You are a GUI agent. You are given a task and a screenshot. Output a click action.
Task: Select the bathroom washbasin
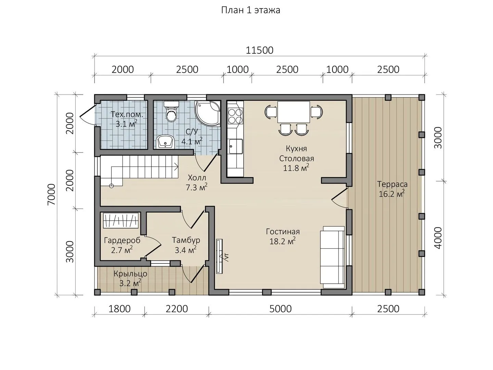[165, 142]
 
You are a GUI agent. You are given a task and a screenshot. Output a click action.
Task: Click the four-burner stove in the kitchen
[235, 116]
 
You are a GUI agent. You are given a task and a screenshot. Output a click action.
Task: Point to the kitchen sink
[236, 146]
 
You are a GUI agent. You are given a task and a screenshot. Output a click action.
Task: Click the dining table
[293, 112]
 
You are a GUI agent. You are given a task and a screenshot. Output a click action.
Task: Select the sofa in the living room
[332, 257]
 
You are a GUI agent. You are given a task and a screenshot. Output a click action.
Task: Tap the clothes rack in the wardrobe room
[121, 221]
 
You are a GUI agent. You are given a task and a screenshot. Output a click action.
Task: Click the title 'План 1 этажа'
[251, 10]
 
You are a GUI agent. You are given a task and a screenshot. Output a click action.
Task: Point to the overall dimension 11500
[260, 50]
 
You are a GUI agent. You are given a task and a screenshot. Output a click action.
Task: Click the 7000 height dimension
[52, 195]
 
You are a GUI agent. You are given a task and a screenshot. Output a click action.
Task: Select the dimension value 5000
[280, 309]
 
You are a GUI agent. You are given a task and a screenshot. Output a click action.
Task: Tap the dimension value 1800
[119, 309]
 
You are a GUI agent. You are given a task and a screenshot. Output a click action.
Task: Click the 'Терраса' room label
[392, 184]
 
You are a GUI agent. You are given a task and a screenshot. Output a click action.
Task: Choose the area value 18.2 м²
[282, 241]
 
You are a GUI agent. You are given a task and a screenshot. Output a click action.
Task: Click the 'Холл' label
[197, 178]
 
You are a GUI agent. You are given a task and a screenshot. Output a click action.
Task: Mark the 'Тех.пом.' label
[127, 114]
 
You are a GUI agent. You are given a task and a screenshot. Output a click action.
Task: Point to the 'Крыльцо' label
[130, 274]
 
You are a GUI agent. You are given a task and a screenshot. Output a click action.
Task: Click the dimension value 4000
[438, 238]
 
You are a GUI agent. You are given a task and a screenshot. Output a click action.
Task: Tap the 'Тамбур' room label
[186, 240]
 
